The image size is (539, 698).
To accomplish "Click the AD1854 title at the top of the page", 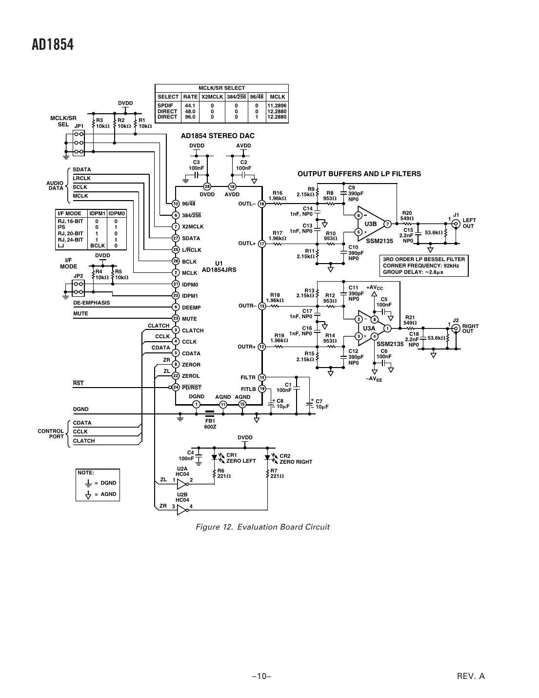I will pos(53,45).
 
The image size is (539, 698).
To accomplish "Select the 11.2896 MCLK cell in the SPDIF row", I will pos(277,105).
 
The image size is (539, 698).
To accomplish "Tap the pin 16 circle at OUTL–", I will pos(261,204).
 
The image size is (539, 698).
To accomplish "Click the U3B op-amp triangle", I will pos(371,224).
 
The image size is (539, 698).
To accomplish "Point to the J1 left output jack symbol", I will pos(456,224).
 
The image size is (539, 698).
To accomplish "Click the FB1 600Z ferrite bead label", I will pos(210,423).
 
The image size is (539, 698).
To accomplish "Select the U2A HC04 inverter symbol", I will pos(182,484).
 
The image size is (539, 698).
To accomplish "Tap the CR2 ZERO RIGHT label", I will pos(295,459).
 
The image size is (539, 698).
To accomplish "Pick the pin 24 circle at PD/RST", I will pos(176,388).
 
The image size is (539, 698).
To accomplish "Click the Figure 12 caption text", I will pos(262,527).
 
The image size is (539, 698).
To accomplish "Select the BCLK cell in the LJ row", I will pos(98,246).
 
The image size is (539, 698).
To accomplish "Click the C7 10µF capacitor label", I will pos(321,404).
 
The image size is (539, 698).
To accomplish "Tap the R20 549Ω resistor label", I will pos(407,216).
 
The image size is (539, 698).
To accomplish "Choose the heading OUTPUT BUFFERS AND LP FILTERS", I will pos(359,174).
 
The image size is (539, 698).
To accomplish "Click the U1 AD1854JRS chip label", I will pos(219,267).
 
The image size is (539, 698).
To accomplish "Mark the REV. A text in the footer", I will pos(471,676).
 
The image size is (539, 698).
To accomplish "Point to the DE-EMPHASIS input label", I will pos(91,303).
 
